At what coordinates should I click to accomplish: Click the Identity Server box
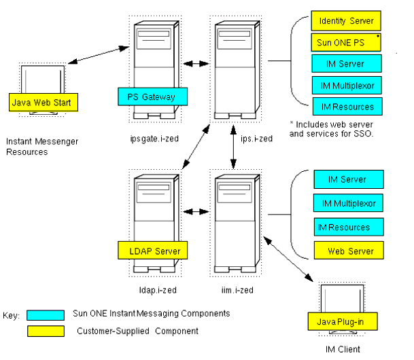point(346,21)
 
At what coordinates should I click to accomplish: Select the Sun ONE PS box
point(346,42)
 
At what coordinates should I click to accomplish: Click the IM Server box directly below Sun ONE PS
point(346,64)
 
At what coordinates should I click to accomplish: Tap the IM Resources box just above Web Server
point(345,228)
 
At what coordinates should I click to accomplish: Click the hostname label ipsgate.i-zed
point(153,139)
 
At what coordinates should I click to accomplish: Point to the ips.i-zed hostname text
point(256,139)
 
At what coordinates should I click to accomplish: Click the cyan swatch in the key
point(46,314)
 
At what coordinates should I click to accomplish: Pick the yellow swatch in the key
point(46,331)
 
